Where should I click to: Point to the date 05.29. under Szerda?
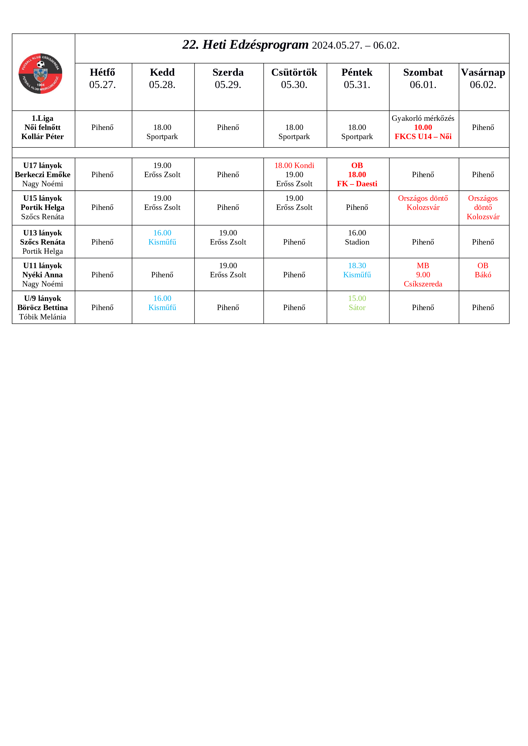tap(228, 85)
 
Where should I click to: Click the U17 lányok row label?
tap(43, 166)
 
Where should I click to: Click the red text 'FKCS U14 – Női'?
tap(423, 137)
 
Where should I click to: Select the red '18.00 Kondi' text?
tap(294, 166)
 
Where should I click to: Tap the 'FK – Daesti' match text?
tap(357, 184)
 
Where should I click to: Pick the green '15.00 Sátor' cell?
tap(357, 303)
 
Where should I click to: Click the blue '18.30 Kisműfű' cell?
tap(357, 270)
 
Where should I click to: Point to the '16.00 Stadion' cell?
tap(357, 238)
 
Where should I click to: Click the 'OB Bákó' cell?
tap(483, 270)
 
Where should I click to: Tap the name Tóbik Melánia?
tap(43, 317)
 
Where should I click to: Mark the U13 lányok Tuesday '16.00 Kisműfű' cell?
tap(162, 238)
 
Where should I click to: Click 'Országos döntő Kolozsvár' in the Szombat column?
tap(423, 203)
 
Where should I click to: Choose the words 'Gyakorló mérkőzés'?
tap(423, 118)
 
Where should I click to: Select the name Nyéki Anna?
tap(43, 275)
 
